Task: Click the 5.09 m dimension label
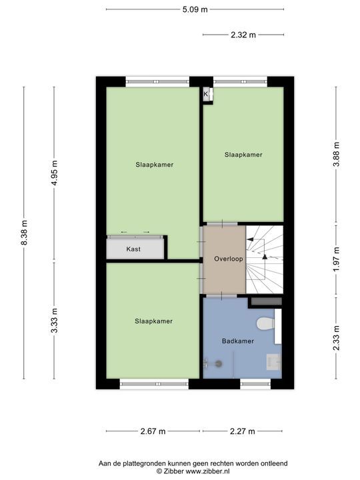195,9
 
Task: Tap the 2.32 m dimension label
243,35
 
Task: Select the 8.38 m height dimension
25,233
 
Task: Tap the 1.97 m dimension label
337,259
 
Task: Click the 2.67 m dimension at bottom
153,431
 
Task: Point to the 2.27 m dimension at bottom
243,431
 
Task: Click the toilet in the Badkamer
265,324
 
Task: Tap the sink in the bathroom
273,362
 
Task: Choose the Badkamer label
237,341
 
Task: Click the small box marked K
206,95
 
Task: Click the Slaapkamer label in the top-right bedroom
243,154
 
